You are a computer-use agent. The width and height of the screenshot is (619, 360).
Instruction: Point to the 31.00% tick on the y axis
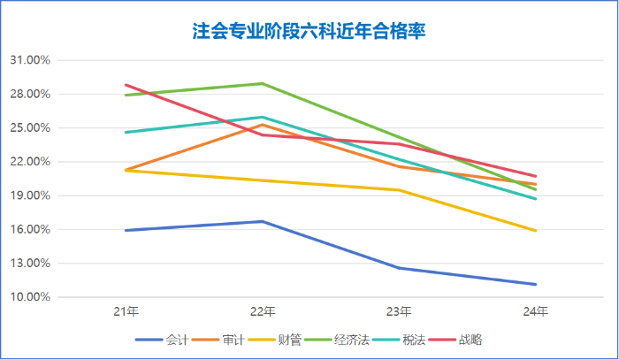[29, 60]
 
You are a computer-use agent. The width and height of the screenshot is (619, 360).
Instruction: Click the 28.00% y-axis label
[29, 94]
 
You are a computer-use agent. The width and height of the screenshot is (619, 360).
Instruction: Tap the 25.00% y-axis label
[29, 127]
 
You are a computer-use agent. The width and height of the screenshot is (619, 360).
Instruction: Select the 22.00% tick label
[29, 162]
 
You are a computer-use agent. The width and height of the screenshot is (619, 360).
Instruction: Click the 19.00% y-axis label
[29, 195]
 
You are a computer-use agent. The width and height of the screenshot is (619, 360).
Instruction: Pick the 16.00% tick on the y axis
[29, 229]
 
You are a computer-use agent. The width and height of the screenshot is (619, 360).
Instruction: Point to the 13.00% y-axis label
[29, 263]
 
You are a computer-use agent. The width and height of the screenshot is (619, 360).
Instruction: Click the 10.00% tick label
[29, 297]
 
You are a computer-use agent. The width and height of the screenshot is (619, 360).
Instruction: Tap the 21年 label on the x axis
[126, 311]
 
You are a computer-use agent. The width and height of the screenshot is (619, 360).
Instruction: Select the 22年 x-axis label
[263, 311]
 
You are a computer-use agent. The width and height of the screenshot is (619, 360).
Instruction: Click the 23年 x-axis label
[399, 311]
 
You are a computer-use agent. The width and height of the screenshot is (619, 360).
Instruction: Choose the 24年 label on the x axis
[536, 311]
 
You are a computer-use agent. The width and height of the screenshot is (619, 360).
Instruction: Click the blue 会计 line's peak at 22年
[263, 221]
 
